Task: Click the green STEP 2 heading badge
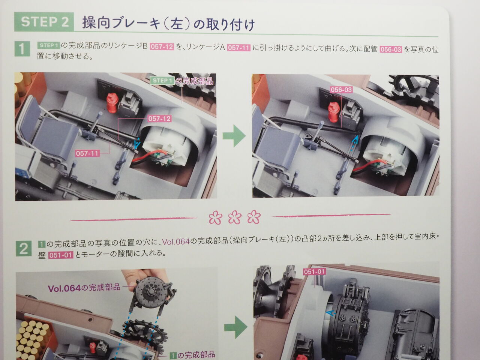tap(44, 22)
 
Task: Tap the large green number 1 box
tap(22, 49)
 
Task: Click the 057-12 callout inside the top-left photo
tap(160, 119)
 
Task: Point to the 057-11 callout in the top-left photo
tap(87, 153)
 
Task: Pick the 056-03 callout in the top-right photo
tap(341, 90)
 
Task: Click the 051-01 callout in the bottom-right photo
tap(314, 272)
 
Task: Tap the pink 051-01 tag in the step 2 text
tap(61, 255)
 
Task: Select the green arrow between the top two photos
tap(234, 135)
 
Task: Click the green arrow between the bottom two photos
tap(236, 327)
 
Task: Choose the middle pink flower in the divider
tap(235, 217)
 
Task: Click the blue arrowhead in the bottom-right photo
tap(330, 313)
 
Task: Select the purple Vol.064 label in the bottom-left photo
tap(84, 288)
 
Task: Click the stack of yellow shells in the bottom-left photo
tap(33, 340)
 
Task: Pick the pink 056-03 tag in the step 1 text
tap(390, 49)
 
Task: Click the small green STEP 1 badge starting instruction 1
tap(48, 45)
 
